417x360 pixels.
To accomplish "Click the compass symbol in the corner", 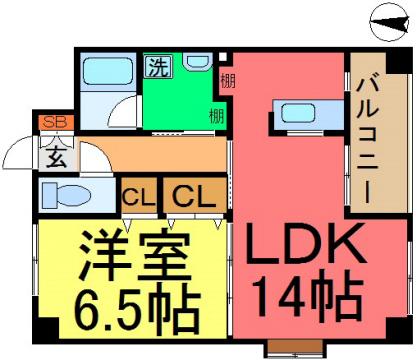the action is (389, 22).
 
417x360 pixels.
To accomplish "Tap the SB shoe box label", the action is (55, 122).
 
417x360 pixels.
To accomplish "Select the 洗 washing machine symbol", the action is (158, 66).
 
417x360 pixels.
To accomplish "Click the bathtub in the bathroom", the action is (106, 71).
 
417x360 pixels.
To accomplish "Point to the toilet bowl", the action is (67, 194).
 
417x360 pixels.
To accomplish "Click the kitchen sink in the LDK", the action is (298, 113).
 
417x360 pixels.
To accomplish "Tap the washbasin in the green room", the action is (198, 62).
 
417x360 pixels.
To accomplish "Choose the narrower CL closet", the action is (139, 196).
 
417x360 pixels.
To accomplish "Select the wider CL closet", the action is (195, 196).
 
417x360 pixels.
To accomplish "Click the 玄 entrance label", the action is (55, 158).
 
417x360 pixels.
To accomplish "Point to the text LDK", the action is (304, 244).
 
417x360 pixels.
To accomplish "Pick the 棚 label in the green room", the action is (217, 116).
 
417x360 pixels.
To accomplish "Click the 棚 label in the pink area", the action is (228, 80).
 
